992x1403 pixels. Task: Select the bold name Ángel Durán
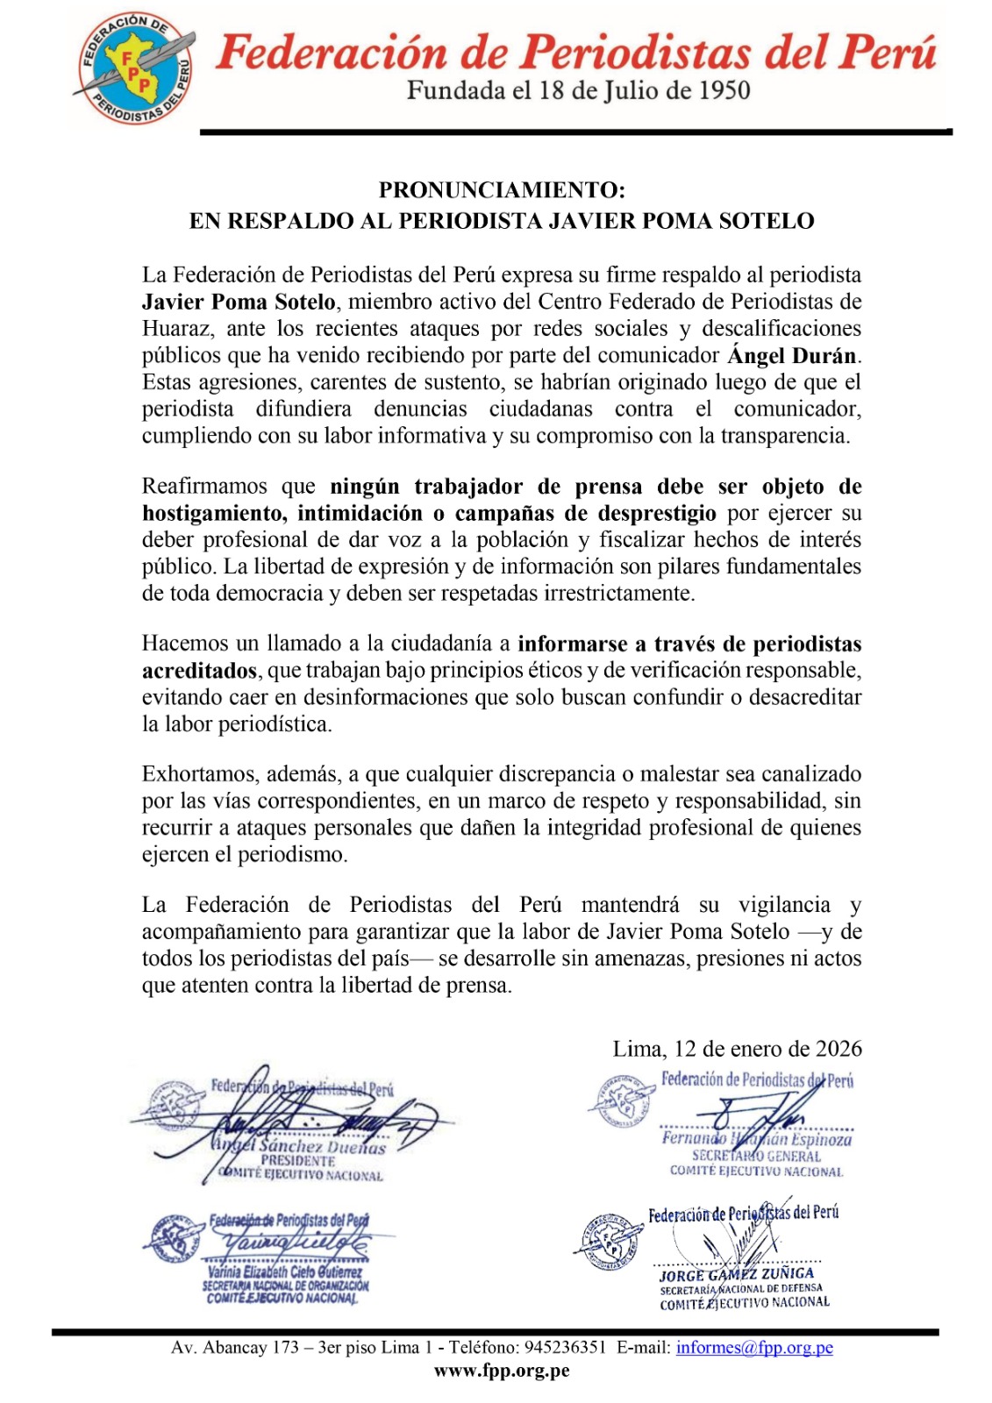coord(792,355)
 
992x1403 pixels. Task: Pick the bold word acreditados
coord(199,671)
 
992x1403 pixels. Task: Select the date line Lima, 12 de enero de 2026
coord(737,1049)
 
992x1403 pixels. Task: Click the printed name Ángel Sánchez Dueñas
coord(299,1145)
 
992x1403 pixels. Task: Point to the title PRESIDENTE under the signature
coord(297,1160)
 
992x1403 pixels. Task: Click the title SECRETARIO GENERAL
coord(756,1156)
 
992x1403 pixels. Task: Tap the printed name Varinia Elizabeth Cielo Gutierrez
coord(284,1271)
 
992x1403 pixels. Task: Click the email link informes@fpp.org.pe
coord(753,1348)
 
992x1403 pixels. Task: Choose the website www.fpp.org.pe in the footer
coord(502,1371)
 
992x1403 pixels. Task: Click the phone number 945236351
coord(565,1348)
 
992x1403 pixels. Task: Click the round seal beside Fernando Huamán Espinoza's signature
coord(621,1100)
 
